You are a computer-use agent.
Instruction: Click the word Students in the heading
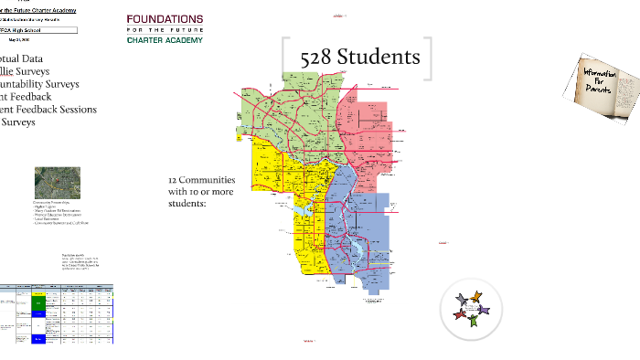[378, 58]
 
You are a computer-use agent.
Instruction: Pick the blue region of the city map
[361, 228]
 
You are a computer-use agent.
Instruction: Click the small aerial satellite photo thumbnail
[51, 183]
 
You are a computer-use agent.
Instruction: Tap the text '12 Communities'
[201, 180]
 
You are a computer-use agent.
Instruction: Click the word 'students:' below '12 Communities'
[187, 204]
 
